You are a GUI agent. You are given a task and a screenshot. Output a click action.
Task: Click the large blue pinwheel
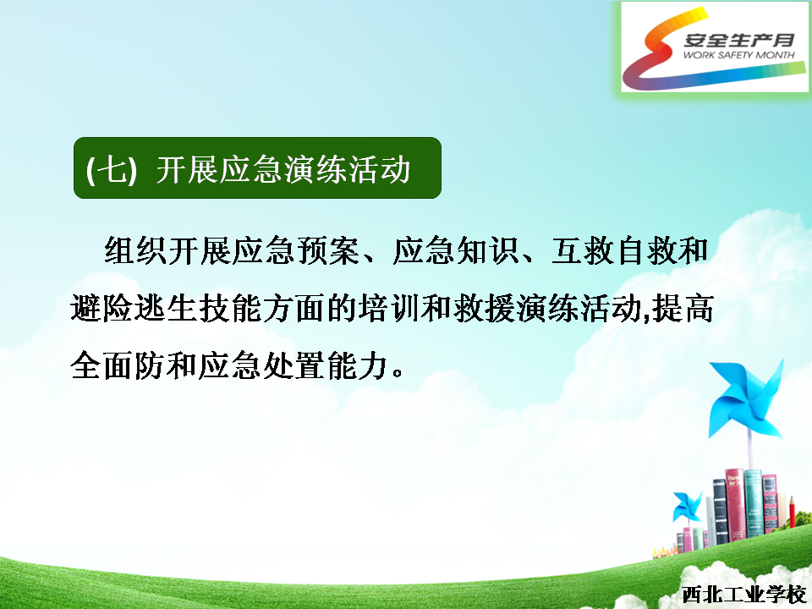pos(746,400)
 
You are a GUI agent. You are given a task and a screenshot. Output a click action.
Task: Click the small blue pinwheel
pos(687,506)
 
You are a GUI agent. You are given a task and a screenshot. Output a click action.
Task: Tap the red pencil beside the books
pos(792,513)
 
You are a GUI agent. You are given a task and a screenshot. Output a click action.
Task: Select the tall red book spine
pos(735,504)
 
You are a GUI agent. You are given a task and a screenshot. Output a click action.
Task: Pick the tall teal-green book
pos(753,502)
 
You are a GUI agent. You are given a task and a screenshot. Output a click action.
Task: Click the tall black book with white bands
pos(721,511)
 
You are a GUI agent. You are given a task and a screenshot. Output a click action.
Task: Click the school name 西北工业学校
pos(743,595)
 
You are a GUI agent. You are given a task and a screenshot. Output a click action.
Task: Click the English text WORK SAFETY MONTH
pos(738,55)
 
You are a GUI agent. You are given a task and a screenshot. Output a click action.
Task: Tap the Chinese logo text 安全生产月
pos(739,40)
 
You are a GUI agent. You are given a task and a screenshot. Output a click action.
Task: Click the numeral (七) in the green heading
pos(112,169)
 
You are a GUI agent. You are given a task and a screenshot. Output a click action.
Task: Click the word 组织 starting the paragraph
pos(135,250)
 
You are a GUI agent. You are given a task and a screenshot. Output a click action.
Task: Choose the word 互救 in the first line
pos(583,250)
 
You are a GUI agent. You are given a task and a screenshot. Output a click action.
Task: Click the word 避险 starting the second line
pos(101,308)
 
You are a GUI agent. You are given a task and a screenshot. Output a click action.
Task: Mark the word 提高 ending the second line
pos(683,308)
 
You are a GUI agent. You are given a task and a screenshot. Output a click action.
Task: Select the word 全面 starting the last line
pos(101,365)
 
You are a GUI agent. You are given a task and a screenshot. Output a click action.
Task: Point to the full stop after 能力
pos(398,373)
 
